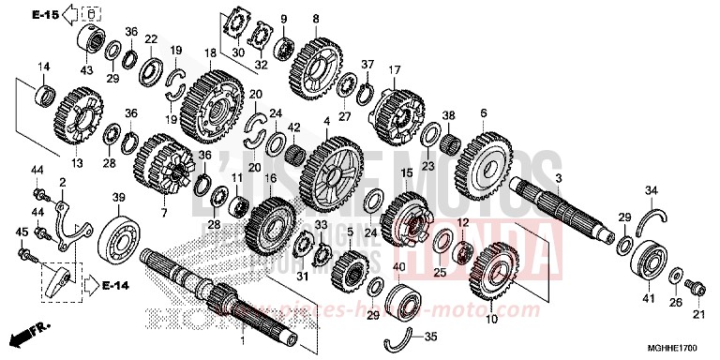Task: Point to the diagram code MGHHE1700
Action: [677, 348]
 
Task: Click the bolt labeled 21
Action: [695, 282]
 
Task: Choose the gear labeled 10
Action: [497, 275]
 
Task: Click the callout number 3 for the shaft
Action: [558, 177]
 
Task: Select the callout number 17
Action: [395, 69]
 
